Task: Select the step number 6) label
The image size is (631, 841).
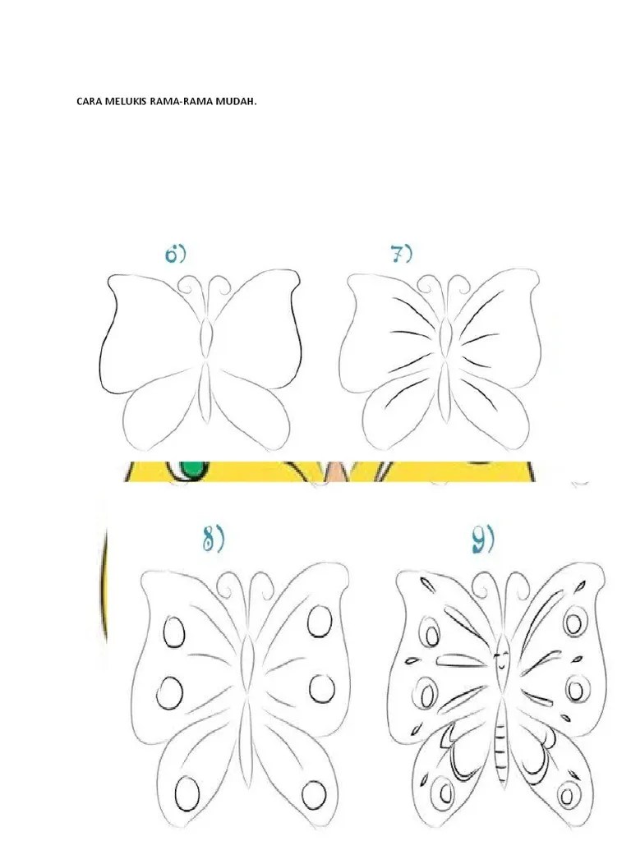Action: click(176, 254)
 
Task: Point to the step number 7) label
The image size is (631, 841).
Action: click(401, 254)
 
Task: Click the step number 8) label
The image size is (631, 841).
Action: click(213, 539)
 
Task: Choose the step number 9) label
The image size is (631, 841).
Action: click(483, 539)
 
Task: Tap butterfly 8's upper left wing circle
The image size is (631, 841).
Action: click(174, 632)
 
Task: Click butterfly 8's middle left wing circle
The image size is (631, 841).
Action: click(170, 692)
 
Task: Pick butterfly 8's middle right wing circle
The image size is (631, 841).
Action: click(322, 688)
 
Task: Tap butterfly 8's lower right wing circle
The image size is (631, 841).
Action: click(314, 794)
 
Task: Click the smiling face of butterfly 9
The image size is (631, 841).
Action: click(502, 659)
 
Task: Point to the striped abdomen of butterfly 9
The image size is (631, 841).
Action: click(501, 740)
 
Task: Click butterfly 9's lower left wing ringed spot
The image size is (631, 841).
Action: click(444, 793)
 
